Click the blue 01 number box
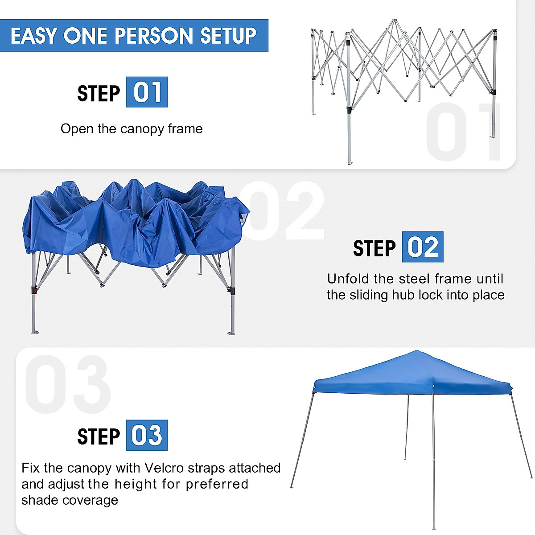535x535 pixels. [x=147, y=92]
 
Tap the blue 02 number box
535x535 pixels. [x=422, y=247]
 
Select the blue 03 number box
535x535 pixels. [x=147, y=435]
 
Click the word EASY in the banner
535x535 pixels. [x=34, y=36]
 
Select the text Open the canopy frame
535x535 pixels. [x=132, y=129]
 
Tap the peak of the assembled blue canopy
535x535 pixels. [x=416, y=352]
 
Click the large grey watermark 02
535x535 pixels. [x=285, y=212]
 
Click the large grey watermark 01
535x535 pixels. [x=464, y=132]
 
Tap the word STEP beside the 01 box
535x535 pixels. [x=99, y=94]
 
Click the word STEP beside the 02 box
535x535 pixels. [x=374, y=248]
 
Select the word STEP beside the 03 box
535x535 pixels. [x=99, y=436]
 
